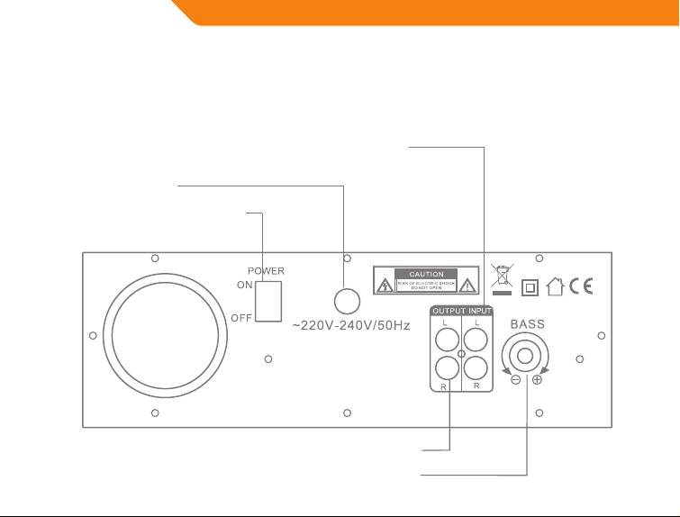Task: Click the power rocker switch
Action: (268, 301)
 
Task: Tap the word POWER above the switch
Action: (267, 270)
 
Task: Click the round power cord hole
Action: (348, 301)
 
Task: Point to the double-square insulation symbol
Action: (530, 287)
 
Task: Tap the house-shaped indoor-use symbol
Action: (556, 286)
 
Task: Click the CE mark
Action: (581, 286)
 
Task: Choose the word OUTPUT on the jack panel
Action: (448, 312)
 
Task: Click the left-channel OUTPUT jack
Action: (445, 340)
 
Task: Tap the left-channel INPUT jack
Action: (476, 340)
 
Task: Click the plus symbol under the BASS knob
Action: (538, 381)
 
